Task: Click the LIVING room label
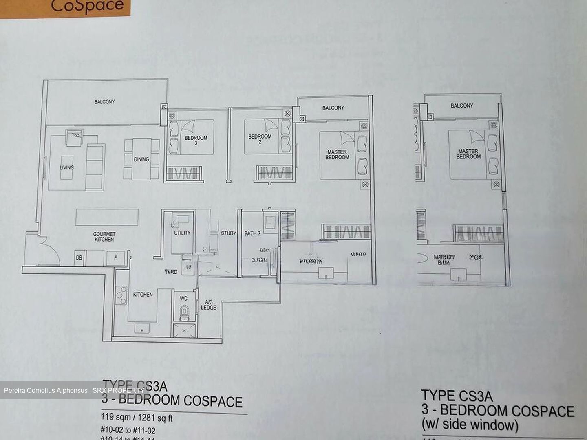click(67, 167)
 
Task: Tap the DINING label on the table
click(141, 159)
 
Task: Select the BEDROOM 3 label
click(196, 140)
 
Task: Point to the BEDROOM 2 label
click(260, 139)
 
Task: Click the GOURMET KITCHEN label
click(104, 237)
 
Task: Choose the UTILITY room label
click(182, 233)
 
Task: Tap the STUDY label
click(228, 233)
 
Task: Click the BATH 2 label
click(252, 233)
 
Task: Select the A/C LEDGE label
click(208, 305)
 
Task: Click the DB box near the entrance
click(79, 257)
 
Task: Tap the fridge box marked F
click(115, 257)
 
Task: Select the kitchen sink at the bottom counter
click(142, 328)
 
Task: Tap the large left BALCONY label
click(104, 102)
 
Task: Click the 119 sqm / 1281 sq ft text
click(137, 418)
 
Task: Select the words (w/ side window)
click(470, 425)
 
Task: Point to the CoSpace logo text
click(87, 6)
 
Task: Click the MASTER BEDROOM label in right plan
click(468, 154)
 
